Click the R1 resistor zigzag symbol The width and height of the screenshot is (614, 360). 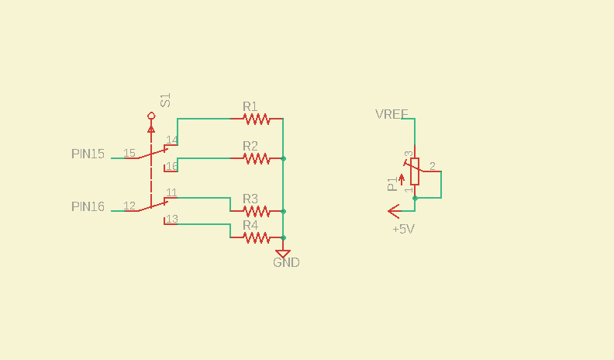pyautogui.click(x=257, y=119)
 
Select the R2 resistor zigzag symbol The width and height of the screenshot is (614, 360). pyautogui.click(x=257, y=158)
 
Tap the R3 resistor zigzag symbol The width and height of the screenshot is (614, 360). pyautogui.click(x=257, y=211)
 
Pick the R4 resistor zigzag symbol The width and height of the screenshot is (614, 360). pyautogui.click(x=257, y=237)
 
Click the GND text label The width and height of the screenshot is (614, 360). pyautogui.click(x=286, y=262)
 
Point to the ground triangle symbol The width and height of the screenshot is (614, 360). pyautogui.click(x=283, y=254)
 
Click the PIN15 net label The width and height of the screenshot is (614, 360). pyautogui.click(x=88, y=154)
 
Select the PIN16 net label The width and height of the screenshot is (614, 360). pyautogui.click(x=88, y=206)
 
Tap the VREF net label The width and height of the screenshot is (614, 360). pyautogui.click(x=392, y=114)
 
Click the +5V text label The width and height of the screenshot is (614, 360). pyautogui.click(x=403, y=229)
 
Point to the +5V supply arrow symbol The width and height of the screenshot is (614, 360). pyautogui.click(x=395, y=211)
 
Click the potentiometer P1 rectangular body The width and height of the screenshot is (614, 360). pyautogui.click(x=415, y=171)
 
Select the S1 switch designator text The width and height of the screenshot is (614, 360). pyautogui.click(x=166, y=100)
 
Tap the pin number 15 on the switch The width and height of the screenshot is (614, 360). pyautogui.click(x=129, y=153)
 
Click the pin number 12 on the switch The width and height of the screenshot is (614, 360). pyautogui.click(x=129, y=206)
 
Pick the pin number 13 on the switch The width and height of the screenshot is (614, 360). pyautogui.click(x=172, y=219)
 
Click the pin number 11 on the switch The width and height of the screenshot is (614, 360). pyautogui.click(x=171, y=192)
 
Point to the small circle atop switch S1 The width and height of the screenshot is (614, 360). pyautogui.click(x=151, y=116)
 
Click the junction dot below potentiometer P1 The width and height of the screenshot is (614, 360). pyautogui.click(x=415, y=198)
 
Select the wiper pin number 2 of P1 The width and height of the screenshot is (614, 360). pyautogui.click(x=433, y=166)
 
